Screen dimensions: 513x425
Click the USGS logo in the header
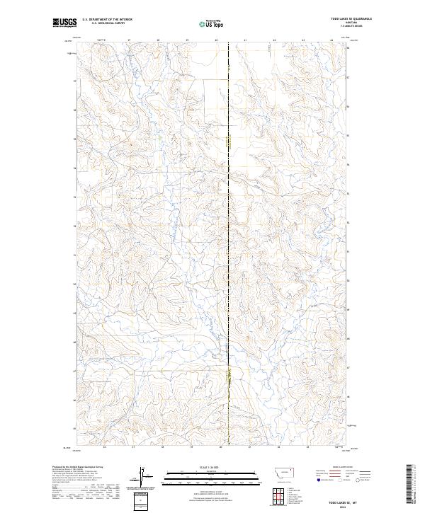click(63, 23)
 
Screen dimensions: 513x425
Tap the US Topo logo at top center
click(212, 23)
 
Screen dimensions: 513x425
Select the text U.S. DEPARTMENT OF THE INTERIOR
click(107, 19)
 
